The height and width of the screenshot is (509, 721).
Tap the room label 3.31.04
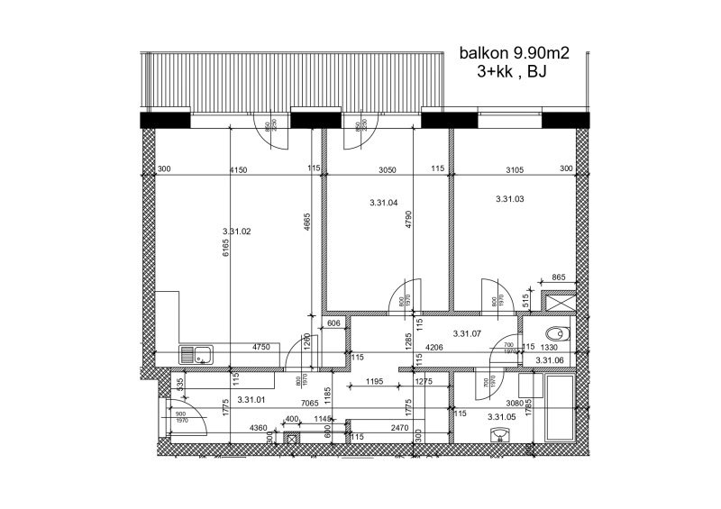[383, 204]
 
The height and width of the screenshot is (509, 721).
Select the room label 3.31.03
[510, 199]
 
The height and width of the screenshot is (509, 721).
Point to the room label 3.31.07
[467, 333]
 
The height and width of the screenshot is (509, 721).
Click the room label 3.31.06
[549, 360]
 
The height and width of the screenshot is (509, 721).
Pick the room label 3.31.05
[500, 417]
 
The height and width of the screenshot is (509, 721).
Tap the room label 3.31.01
[250, 399]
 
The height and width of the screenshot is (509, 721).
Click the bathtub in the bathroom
[559, 405]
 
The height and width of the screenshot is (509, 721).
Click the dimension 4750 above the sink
[261, 347]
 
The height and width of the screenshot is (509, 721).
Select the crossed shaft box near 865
[553, 300]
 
